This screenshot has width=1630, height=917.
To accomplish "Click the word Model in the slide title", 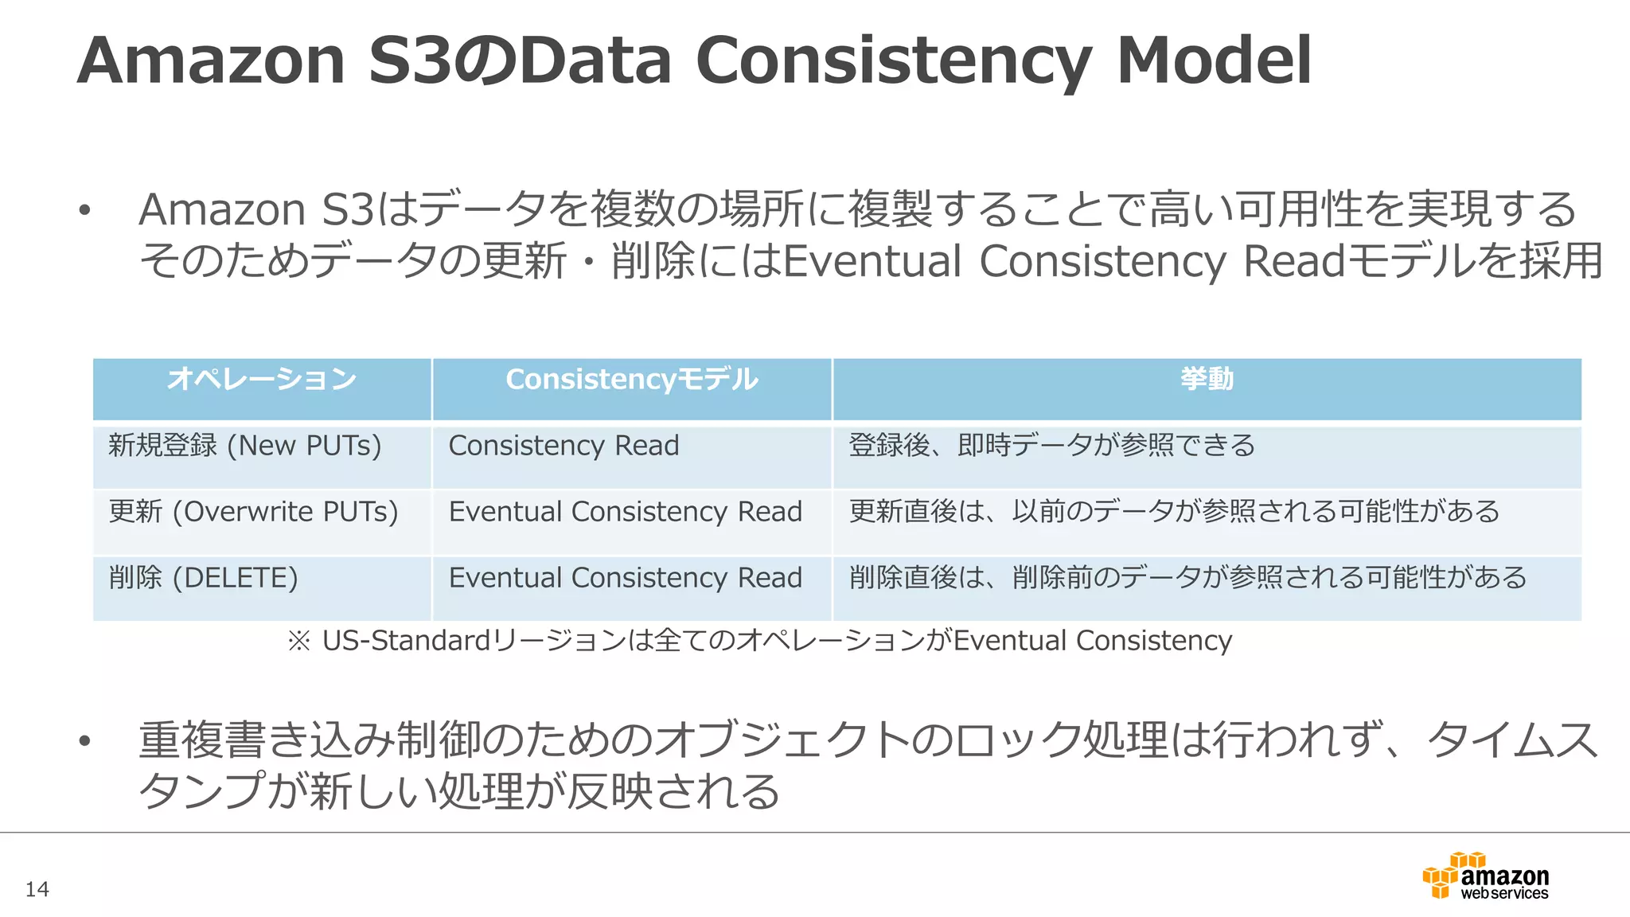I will pyautogui.click(x=1214, y=60).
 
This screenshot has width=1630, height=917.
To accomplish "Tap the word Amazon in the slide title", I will pyautogui.click(x=212, y=60).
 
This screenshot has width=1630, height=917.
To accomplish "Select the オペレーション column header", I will pyautogui.click(x=262, y=379).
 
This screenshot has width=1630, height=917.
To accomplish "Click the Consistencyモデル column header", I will pyautogui.click(x=632, y=379).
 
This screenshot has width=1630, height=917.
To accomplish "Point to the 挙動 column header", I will pyautogui.click(x=1207, y=379).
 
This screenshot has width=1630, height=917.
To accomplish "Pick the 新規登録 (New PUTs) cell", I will pyautogui.click(x=245, y=445).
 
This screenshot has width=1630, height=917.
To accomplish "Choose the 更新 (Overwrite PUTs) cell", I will pyautogui.click(x=253, y=511).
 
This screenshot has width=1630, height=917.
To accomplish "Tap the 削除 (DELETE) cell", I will pyautogui.click(x=203, y=577).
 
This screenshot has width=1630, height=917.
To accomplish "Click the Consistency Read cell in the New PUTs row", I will pyautogui.click(x=563, y=445).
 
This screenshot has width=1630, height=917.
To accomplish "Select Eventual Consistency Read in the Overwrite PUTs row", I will pyautogui.click(x=626, y=511).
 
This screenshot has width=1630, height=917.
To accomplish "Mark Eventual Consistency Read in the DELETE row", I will pyautogui.click(x=626, y=577).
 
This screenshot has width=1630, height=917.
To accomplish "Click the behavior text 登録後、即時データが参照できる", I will pyautogui.click(x=1052, y=445).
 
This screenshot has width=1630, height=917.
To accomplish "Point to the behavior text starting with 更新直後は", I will pyautogui.click(x=1175, y=511).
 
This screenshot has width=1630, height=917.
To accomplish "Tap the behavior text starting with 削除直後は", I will pyautogui.click(x=1188, y=577).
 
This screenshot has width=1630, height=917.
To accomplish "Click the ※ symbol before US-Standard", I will pyautogui.click(x=299, y=641).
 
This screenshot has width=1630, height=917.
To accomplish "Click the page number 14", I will pyautogui.click(x=37, y=889).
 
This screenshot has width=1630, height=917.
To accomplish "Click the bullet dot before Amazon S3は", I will pyautogui.click(x=84, y=211).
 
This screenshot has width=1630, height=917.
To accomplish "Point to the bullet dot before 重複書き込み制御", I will pyautogui.click(x=84, y=742).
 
